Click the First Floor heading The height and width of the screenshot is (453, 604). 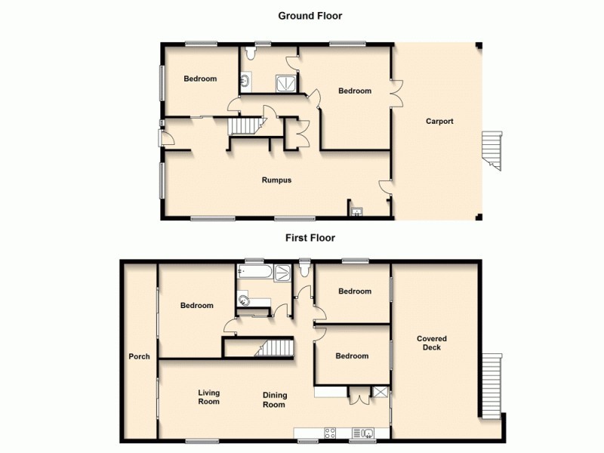(310, 238)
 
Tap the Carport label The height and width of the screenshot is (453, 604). (439, 121)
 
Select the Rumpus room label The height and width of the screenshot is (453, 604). (276, 180)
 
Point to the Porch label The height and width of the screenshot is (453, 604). (139, 357)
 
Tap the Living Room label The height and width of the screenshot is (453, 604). (208, 396)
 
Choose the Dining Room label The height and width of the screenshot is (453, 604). (274, 399)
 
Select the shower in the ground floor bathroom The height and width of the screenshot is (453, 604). (285, 83)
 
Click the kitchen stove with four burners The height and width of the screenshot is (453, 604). (331, 433)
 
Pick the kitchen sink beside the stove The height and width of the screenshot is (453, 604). (365, 433)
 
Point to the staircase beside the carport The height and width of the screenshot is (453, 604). (492, 149)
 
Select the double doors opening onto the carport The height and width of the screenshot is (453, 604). (396, 94)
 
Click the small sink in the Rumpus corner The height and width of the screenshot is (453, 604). (356, 211)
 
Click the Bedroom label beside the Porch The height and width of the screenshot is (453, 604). (196, 306)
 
